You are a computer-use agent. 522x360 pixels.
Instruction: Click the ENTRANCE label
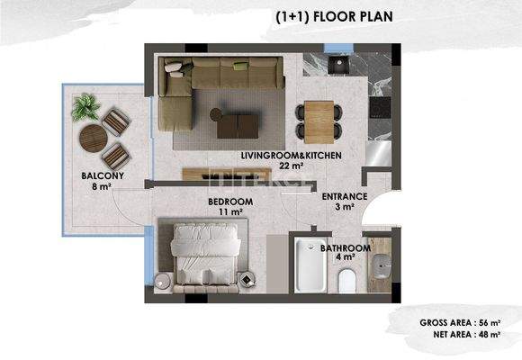tap(344, 196)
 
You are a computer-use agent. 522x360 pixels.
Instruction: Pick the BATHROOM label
tap(346, 247)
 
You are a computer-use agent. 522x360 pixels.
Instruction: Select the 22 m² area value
tap(290, 166)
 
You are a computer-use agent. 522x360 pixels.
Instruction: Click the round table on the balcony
tap(94, 139)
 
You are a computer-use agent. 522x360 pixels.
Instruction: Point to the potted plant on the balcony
tap(86, 107)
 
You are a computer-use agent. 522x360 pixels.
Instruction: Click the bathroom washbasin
tap(382, 265)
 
